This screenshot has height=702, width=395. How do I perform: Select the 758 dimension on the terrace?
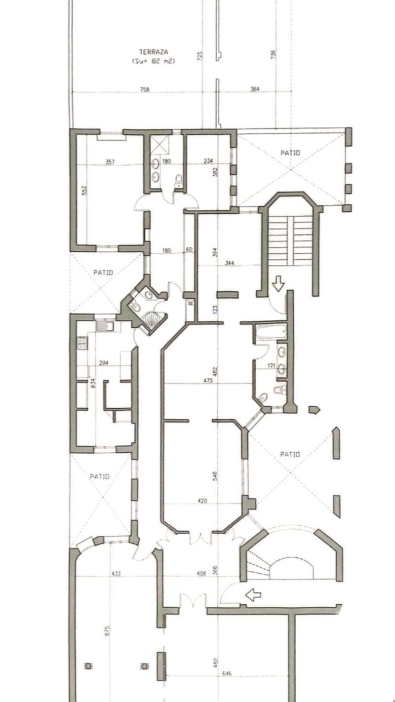click(144, 89)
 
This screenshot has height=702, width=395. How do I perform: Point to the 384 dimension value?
click(255, 89)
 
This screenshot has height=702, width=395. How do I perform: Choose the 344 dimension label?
click(230, 263)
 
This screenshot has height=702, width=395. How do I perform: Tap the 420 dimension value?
click(202, 501)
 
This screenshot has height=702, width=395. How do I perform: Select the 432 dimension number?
click(117, 574)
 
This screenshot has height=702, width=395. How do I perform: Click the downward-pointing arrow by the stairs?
click(278, 283)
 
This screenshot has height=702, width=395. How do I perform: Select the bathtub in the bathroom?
click(271, 331)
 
